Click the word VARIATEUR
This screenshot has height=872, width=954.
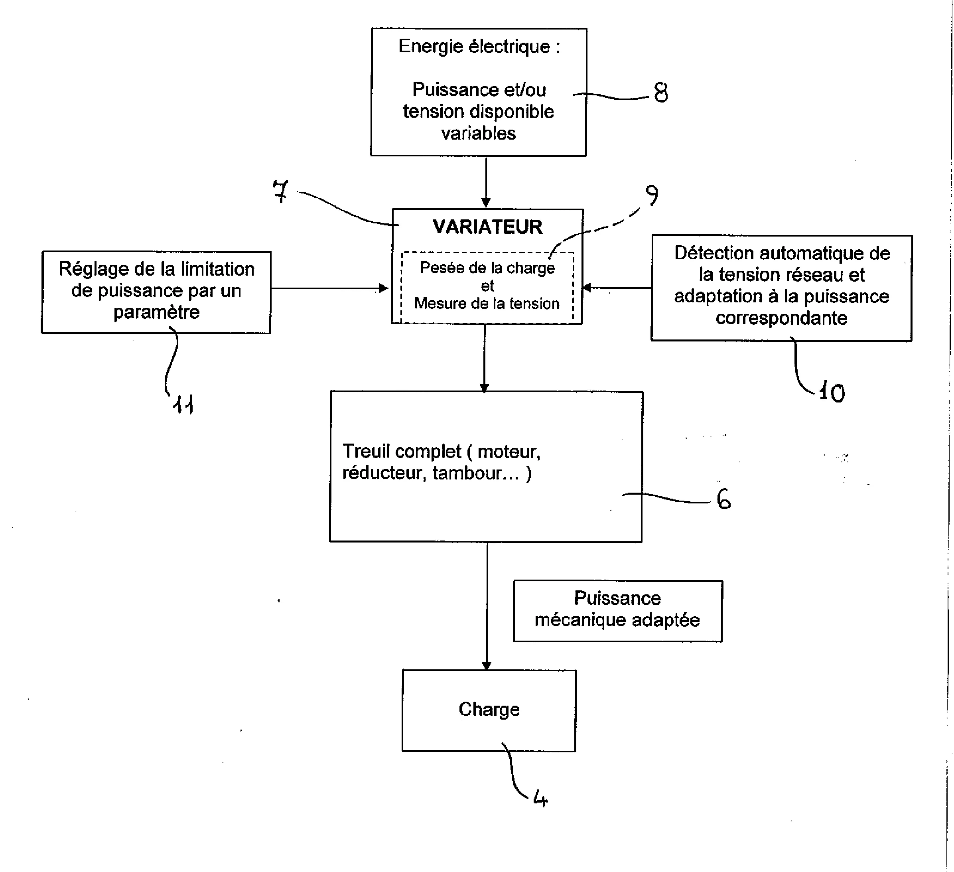click(487, 227)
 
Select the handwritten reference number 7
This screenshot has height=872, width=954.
click(281, 192)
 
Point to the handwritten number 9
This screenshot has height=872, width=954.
click(652, 195)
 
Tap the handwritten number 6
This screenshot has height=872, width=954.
click(723, 499)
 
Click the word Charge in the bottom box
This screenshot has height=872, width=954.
click(489, 709)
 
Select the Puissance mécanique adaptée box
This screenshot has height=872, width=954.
click(617, 611)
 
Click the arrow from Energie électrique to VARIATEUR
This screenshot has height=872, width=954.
click(486, 182)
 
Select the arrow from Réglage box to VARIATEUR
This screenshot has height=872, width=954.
click(330, 288)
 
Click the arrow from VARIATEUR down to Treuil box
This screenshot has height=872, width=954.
click(484, 357)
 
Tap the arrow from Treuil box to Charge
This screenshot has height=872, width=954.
click(487, 606)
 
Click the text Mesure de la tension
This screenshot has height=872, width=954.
click(487, 304)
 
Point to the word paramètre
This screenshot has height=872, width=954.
click(157, 312)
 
